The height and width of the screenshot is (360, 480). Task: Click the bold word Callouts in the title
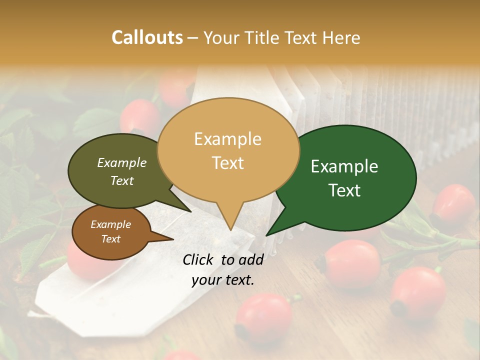click(x=147, y=37)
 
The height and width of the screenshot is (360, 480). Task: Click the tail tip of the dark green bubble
click(x=266, y=235)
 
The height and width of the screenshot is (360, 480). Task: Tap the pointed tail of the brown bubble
click(x=172, y=239)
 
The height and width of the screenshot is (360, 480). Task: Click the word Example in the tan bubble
click(x=227, y=139)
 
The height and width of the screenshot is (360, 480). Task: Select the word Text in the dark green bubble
click(x=345, y=190)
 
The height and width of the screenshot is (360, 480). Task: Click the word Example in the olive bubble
click(x=122, y=163)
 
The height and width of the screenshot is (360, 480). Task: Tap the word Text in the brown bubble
click(x=111, y=239)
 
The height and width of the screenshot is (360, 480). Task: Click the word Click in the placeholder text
click(x=199, y=259)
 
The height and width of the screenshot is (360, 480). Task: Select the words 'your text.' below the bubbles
click(x=223, y=280)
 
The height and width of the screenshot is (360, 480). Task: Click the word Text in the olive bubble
click(x=122, y=180)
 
